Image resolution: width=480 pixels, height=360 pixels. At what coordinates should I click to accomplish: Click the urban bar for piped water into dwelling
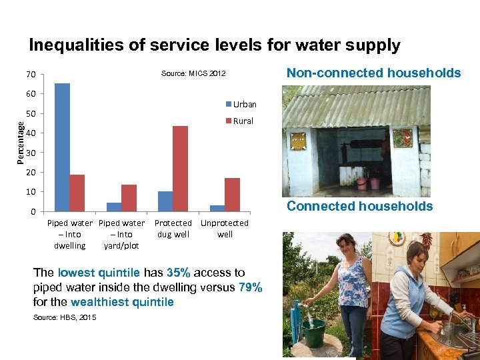point(62,147)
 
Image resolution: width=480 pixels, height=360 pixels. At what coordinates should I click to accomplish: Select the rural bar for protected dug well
point(180,169)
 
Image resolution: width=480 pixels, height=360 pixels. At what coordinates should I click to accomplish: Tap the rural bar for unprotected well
point(232,195)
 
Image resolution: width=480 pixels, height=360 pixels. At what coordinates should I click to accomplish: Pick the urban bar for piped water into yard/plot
point(114,207)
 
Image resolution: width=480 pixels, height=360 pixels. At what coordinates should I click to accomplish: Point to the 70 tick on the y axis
point(32,74)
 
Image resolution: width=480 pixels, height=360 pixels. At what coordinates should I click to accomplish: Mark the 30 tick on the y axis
point(32,153)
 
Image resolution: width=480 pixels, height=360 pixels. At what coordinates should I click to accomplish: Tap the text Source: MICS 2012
point(193,73)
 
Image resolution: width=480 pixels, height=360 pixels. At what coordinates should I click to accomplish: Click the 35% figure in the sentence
point(179,273)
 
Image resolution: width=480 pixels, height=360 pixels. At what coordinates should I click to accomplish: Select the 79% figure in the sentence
point(250,287)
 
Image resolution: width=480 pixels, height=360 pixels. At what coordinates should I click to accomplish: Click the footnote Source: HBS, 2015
point(65,317)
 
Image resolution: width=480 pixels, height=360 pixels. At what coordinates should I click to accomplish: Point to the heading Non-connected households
point(373,73)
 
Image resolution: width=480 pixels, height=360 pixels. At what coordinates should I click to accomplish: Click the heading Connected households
point(359,207)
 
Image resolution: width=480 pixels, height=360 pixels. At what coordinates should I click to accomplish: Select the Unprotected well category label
point(225,229)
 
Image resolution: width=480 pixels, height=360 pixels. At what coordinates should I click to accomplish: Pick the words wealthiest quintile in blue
point(133,302)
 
